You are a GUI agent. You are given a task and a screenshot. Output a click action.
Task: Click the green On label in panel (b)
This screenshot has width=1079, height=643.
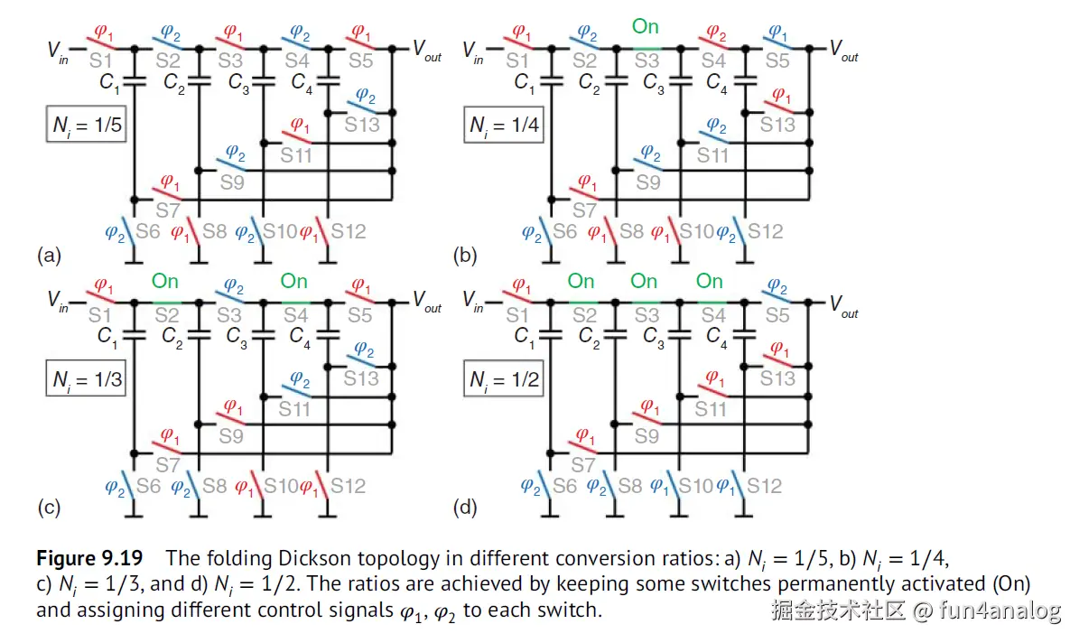click(646, 27)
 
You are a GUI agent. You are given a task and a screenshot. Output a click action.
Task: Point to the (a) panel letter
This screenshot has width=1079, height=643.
click(49, 256)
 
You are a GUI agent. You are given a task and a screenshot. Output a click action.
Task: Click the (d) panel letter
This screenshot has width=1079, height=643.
click(466, 508)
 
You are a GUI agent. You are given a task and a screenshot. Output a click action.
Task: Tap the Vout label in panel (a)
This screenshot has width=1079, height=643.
click(427, 51)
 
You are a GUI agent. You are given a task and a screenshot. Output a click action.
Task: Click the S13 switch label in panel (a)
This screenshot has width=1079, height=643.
click(362, 125)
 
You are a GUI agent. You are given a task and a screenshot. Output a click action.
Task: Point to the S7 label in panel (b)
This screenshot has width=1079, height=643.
click(584, 210)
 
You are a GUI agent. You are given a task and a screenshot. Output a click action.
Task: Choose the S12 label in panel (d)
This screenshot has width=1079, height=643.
click(764, 486)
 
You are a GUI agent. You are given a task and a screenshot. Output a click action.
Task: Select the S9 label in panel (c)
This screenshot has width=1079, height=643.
click(231, 435)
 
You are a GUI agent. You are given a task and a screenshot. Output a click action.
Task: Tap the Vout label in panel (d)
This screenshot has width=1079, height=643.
click(844, 305)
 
